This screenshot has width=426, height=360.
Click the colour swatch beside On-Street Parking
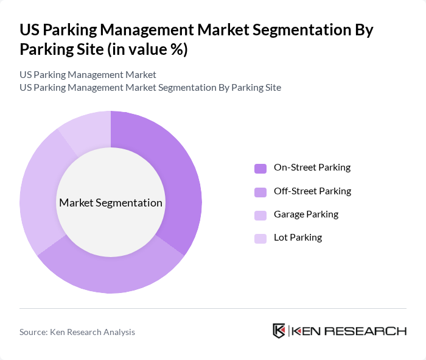click(260, 168)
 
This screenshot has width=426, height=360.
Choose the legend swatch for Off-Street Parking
click(260, 192)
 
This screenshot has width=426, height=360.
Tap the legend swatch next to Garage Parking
click(260, 215)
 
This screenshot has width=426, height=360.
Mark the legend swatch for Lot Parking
click(260, 238)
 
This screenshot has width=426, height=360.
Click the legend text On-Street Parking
click(312, 168)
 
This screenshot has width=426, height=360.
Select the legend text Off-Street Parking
click(312, 191)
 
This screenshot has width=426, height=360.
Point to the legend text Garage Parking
click(306, 214)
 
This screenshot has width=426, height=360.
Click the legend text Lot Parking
click(298, 238)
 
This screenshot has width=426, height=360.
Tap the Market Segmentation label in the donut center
click(111, 203)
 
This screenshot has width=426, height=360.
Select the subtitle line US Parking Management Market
click(88, 75)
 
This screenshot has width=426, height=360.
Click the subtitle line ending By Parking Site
click(150, 88)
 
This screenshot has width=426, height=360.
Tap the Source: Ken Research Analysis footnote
click(77, 332)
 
